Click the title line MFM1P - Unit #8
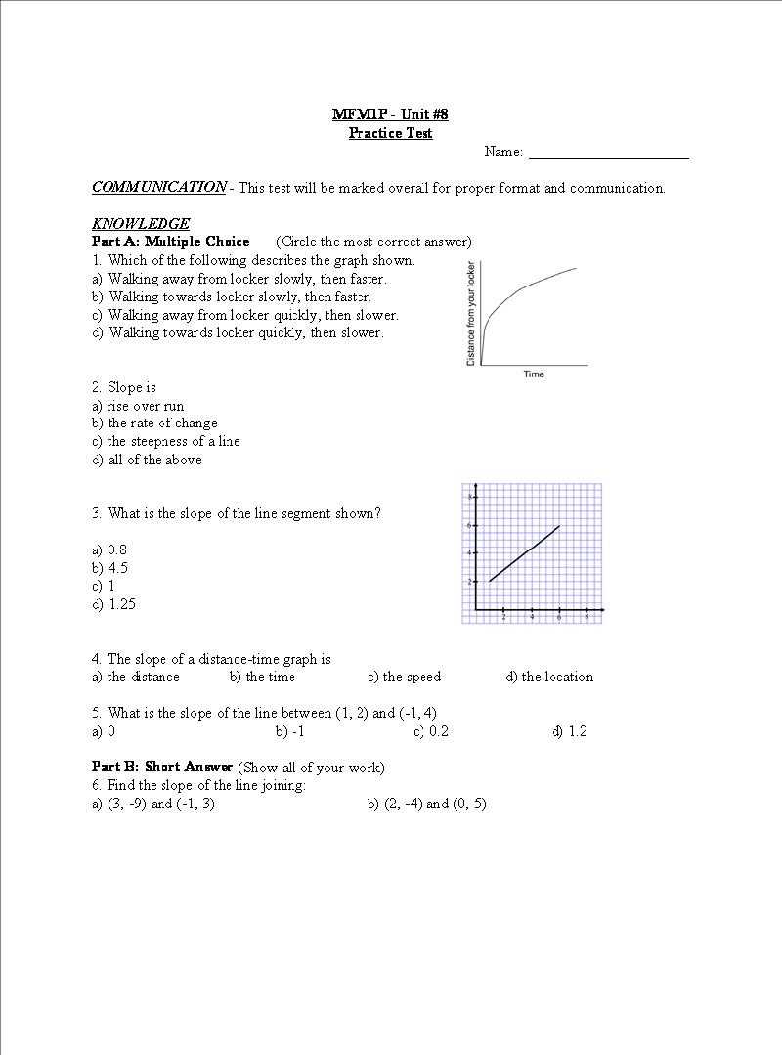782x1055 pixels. (x=390, y=114)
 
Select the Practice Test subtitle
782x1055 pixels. (x=390, y=133)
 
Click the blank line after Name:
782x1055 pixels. (x=608, y=154)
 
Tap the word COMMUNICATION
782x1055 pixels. (x=158, y=187)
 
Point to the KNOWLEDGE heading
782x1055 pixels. (x=141, y=223)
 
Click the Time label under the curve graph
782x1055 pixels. (x=534, y=374)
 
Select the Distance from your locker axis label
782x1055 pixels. (x=471, y=314)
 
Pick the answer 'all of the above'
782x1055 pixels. (x=154, y=460)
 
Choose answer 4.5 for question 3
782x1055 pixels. (x=117, y=567)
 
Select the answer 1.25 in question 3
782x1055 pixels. (x=122, y=604)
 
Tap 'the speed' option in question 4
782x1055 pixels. (x=412, y=677)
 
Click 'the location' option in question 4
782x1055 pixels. (x=556, y=677)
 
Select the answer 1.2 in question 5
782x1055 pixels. (x=577, y=731)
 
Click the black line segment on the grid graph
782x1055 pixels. (x=524, y=553)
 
